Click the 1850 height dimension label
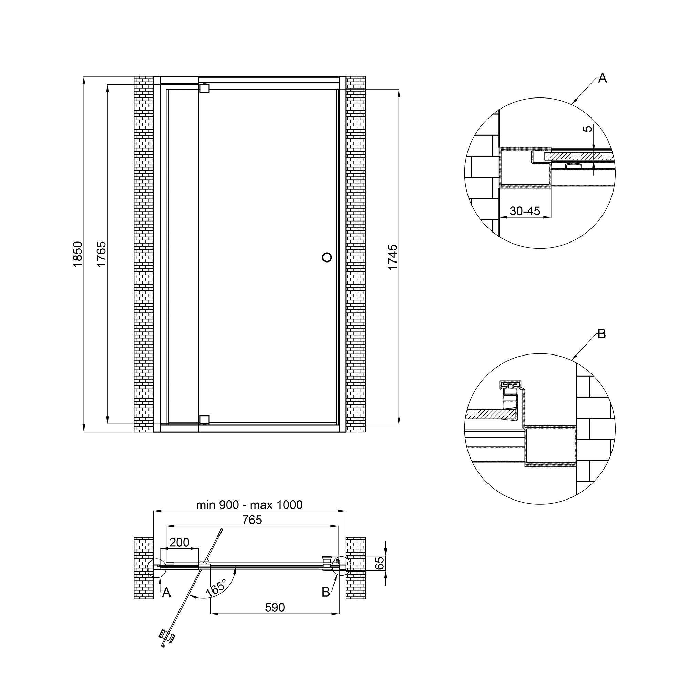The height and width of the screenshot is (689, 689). click(78, 254)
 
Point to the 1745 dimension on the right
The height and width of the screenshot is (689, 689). click(392, 257)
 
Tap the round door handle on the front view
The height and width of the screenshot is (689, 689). click(327, 257)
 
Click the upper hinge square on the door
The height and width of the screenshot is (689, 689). click(204, 88)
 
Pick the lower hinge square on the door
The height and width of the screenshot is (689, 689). click(204, 419)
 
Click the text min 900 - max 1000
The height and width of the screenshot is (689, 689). click(249, 505)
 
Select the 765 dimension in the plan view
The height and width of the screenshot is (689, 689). click(252, 520)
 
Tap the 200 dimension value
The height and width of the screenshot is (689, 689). click(179, 543)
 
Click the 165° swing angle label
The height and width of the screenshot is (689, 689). click(216, 587)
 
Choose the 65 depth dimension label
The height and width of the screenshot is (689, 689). click(380, 563)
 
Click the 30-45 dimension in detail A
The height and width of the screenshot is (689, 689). click(525, 211)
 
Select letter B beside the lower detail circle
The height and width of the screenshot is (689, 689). click(601, 334)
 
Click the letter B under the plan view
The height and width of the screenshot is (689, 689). click(326, 592)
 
